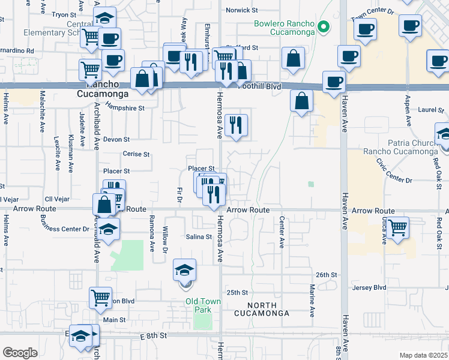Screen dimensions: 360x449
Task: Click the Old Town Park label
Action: [x=203, y=305]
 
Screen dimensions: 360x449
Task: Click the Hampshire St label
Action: [x=125, y=109]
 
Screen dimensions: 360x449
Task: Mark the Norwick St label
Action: [x=241, y=10]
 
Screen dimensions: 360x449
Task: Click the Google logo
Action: [x=19, y=353]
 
